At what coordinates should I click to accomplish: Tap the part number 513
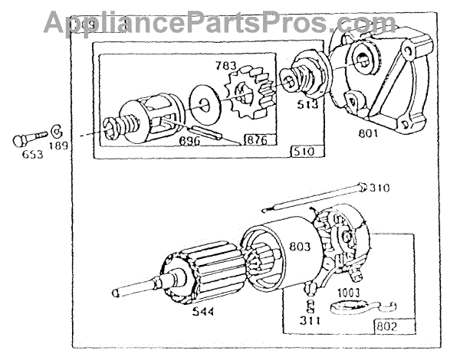[308, 106]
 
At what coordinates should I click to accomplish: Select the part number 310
[381, 188]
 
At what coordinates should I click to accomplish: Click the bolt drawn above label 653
[28, 140]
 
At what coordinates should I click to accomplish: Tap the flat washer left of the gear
[203, 100]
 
